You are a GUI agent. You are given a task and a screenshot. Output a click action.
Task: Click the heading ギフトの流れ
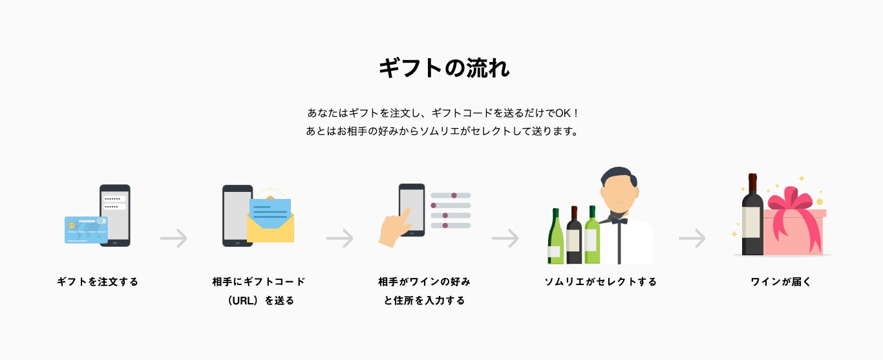(443, 68)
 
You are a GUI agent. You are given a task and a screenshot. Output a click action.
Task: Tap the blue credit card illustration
(85, 230)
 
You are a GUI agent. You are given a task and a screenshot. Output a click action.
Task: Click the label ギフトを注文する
(98, 282)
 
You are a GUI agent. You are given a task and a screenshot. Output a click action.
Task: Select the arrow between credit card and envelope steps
(173, 238)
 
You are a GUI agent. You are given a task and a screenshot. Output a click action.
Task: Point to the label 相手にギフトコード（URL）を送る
(259, 291)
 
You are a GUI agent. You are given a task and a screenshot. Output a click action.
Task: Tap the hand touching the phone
(395, 229)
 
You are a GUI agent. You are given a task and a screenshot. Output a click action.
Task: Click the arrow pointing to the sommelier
(505, 238)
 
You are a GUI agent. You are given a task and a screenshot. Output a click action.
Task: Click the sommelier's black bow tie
(618, 221)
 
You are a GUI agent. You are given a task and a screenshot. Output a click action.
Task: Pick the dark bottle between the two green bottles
(573, 237)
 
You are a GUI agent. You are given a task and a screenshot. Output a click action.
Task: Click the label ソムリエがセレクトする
(601, 282)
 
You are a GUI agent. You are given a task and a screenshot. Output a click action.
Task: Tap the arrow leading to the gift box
(692, 238)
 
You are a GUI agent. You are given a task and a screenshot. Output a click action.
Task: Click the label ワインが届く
(781, 282)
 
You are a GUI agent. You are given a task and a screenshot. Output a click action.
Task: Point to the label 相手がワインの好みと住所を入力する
(424, 291)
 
